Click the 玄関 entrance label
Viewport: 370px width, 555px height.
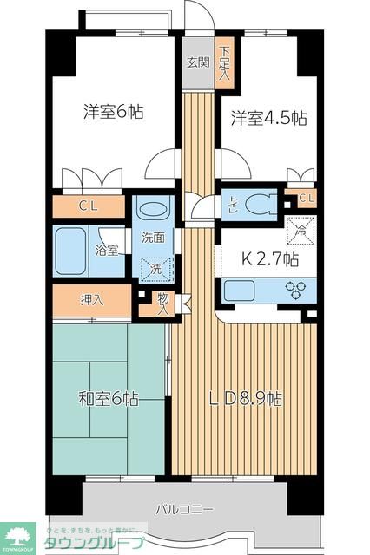point(198,62)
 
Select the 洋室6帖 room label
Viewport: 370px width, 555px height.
point(114,112)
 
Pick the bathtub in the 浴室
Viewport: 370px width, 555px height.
point(74,251)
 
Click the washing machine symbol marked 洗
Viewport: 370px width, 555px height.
point(156,269)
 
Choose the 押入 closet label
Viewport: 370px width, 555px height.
point(93,301)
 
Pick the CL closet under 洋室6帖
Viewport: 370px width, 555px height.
point(88,206)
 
